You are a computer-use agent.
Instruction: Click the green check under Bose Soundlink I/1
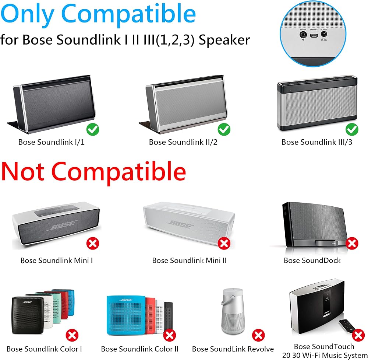tap(93, 129)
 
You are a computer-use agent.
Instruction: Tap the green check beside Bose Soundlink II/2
tap(224, 129)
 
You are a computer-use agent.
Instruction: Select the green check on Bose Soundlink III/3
tap(352, 129)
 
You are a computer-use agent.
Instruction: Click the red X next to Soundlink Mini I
tap(93, 244)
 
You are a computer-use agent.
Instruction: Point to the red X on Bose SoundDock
tap(352, 244)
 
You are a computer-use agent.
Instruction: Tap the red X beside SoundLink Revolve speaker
tap(258, 335)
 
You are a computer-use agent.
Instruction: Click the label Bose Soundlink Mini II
tap(189, 261)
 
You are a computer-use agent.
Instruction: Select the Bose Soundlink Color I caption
tap(44, 349)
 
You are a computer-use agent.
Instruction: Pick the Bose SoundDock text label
tap(312, 261)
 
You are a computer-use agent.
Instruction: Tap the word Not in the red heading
tap(23, 172)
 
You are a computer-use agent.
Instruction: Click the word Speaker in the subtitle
tap(224, 40)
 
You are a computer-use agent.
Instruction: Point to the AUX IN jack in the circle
tap(303, 35)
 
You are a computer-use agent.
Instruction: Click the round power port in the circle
tap(324, 34)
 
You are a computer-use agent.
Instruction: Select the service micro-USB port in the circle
tap(314, 36)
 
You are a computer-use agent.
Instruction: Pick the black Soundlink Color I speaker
tap(28, 315)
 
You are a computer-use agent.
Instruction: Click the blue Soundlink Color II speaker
tap(126, 315)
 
